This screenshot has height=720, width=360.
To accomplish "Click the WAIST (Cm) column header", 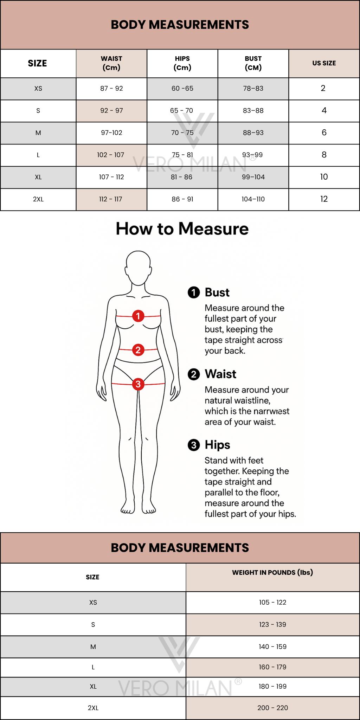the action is coord(111,63).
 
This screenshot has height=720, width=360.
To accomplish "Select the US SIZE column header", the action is coord(324,63).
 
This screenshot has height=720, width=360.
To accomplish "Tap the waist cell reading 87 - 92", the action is coord(111,89).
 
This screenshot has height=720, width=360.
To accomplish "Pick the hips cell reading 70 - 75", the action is coord(182,133).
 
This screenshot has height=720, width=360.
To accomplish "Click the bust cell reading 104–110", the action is coord(253,199).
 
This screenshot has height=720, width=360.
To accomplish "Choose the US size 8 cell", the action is coord(324,155).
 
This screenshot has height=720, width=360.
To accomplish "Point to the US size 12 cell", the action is coord(324,199).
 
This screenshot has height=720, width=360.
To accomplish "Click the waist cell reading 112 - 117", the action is coord(111,199).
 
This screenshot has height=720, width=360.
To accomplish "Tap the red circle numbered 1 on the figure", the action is coord(138,316).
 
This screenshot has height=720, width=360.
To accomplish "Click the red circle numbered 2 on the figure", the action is coord(138,350).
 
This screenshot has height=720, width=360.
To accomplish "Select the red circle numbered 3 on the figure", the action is coord(138,384).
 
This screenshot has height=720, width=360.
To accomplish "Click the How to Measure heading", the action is coord(182,229).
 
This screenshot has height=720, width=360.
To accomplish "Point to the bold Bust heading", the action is coord(217,292).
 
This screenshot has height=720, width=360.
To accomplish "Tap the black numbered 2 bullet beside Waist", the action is coord(194,374).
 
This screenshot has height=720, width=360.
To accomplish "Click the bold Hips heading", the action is coord(218,445).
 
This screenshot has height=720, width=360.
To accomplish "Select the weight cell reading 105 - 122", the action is coord(272,603).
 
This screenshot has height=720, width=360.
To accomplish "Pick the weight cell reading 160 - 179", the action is coord(272,667).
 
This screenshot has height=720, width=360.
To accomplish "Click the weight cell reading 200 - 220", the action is coord(272,708).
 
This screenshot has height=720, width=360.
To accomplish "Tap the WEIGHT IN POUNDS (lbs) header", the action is coord(272,572).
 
